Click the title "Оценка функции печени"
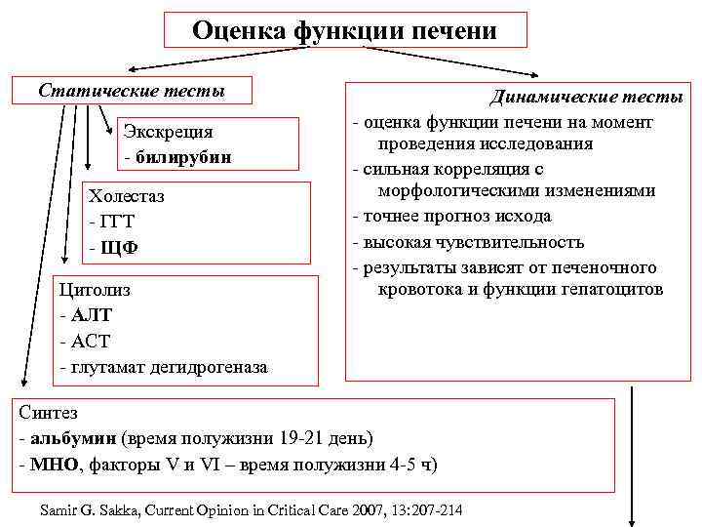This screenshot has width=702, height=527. [344, 30]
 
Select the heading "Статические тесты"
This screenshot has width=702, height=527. [132, 91]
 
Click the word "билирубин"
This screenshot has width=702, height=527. [191, 156]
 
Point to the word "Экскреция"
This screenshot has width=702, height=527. [168, 132]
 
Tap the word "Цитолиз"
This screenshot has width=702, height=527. [95, 290]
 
